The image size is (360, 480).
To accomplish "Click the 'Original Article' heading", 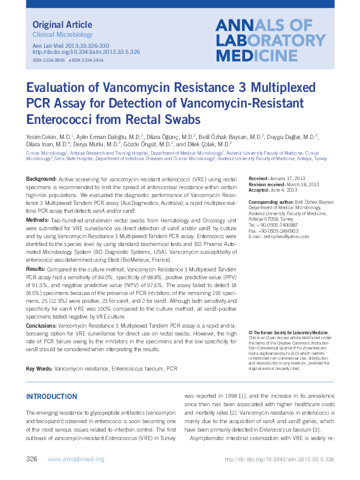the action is pos(62,25).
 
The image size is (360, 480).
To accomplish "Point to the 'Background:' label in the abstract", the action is pos(41,179).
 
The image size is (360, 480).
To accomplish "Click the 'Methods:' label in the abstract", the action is pos(38,221).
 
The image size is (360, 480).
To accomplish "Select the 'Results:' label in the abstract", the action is pos(36,268).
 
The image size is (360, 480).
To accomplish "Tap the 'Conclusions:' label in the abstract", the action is pos(42,325).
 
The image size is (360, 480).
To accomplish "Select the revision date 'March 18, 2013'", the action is pos(300,185).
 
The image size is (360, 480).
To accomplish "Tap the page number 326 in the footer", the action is pos(32,459).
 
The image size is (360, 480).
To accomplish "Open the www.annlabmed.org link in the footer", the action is pos(75,459).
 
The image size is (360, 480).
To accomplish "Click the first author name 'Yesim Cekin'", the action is pos(42,137).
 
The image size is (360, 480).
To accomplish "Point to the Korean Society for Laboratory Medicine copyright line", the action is pos(290,332).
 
